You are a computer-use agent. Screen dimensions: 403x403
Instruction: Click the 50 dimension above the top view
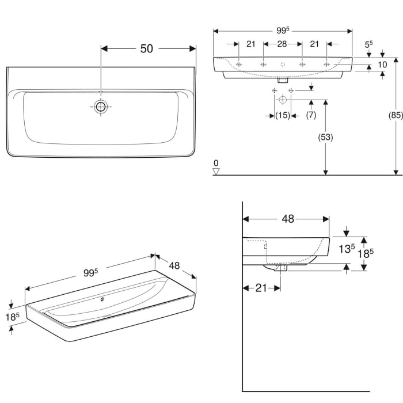tap(147, 49)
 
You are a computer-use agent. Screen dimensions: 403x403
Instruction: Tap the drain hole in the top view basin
tap(101, 107)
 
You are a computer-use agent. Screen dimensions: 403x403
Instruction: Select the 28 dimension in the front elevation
tap(282, 44)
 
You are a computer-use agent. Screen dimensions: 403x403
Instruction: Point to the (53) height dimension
tap(326, 137)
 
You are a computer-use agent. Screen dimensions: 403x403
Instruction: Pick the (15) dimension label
tap(282, 116)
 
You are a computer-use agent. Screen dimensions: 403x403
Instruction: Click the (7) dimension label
tap(311, 116)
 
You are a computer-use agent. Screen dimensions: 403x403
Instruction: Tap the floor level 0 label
tap(216, 163)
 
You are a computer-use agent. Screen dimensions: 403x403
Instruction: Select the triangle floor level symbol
tap(216, 171)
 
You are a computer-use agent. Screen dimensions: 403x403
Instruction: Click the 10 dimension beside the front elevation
tap(382, 66)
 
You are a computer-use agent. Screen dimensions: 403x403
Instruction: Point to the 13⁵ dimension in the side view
tap(345, 249)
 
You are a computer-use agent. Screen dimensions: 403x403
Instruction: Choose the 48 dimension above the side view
tap(288, 219)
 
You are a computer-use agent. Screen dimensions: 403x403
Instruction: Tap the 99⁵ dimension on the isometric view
tap(89, 273)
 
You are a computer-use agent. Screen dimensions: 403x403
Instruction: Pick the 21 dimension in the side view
tap(261, 288)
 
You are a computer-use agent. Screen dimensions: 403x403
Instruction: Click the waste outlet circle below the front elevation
tap(282, 100)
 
